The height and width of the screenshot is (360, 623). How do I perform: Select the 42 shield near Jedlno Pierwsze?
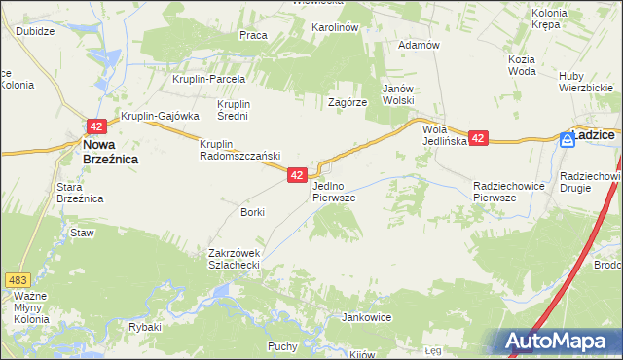point(298,175)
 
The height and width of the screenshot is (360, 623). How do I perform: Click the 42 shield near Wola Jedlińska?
point(478,139)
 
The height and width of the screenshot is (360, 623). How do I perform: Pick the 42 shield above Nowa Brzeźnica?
point(95,126)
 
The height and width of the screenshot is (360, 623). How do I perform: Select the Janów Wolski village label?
point(398,93)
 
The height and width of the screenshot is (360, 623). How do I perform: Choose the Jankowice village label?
point(366,317)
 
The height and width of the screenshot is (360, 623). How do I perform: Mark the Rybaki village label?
point(145,327)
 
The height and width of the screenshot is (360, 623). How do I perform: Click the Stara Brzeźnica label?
point(80,192)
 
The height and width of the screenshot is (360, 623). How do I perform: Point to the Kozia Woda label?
point(522,66)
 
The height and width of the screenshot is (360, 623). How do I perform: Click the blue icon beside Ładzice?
point(567,139)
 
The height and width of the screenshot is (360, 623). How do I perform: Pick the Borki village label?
point(252,211)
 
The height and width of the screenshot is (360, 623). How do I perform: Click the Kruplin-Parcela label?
point(208,80)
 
